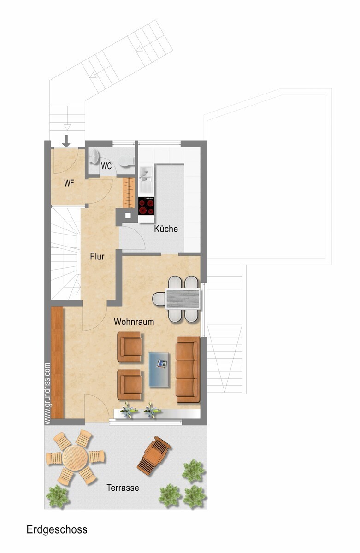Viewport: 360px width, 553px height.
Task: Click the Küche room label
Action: [165, 229]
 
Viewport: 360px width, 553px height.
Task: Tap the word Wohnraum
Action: [134, 322]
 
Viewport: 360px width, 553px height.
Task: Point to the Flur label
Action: [97, 257]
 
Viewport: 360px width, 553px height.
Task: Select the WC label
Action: [106, 166]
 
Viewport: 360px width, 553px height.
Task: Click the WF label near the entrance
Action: [69, 183]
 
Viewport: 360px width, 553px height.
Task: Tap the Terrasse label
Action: [123, 488]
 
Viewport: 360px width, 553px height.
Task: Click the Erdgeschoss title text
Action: [57, 530]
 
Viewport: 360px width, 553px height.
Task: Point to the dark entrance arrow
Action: [66, 141]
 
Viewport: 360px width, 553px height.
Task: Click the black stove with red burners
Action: [146, 206]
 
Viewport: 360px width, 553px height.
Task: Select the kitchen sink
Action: [146, 179]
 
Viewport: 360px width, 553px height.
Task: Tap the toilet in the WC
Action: [126, 161]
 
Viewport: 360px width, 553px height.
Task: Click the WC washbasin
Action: [94, 156]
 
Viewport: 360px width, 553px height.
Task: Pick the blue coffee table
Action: [159, 369]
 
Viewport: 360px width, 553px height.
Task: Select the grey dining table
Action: [183, 299]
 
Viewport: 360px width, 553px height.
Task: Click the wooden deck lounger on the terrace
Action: [154, 455]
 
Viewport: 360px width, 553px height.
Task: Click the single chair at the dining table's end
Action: [159, 299]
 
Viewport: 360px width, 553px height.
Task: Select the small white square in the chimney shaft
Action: [128, 215]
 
